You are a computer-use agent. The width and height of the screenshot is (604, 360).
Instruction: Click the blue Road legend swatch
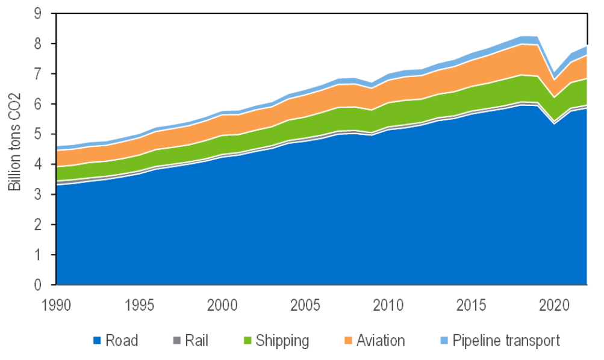pyautogui.click(x=97, y=341)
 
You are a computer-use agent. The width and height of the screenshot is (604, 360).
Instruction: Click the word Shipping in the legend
pyautogui.click(x=282, y=341)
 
